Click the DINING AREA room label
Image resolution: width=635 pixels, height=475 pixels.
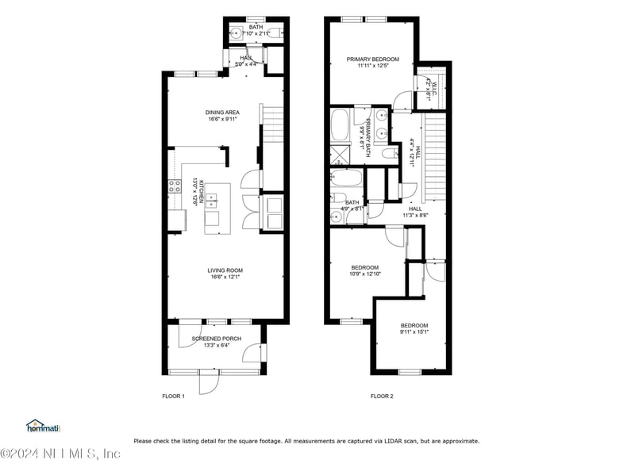pos(222,113)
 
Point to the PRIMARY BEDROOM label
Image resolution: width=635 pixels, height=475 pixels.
pos(372,59)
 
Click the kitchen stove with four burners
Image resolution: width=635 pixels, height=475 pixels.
pos(174,187)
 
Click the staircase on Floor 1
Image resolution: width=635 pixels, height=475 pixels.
pos(271,123)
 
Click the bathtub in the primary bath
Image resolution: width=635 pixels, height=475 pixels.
pos(341,125)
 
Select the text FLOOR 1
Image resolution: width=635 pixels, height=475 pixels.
pos(173,396)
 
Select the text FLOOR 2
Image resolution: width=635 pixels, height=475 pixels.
pos(382,396)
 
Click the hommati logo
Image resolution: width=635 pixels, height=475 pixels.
pos(44,427)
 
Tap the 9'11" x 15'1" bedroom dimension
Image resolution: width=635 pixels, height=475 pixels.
pos(414,332)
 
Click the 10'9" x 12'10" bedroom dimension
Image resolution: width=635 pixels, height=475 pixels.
pos(365,274)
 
